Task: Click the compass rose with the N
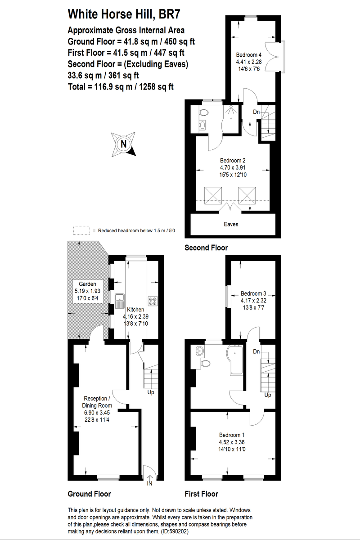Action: pyautogui.click(x=123, y=144)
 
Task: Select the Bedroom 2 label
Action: pyautogui.click(x=232, y=160)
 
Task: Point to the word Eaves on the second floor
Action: pyautogui.click(x=231, y=224)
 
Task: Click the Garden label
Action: pyautogui.click(x=87, y=284)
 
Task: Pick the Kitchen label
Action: pyautogui.click(x=135, y=310)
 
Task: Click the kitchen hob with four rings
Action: pyautogui.click(x=153, y=301)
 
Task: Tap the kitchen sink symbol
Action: pyautogui.click(x=120, y=300)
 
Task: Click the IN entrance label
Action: pyautogui.click(x=149, y=484)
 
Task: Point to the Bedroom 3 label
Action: pyautogui.click(x=253, y=293)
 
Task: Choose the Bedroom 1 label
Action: pyautogui.click(x=232, y=435)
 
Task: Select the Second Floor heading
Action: pyautogui.click(x=207, y=247)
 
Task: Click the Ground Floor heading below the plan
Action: pyautogui.click(x=89, y=494)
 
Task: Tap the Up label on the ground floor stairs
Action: pyautogui.click(x=151, y=393)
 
